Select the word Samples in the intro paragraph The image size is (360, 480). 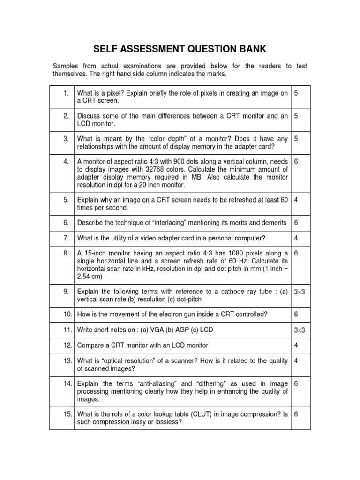pyautogui.click(x=66, y=66)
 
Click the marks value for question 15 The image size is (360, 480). pyautogui.click(x=296, y=414)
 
